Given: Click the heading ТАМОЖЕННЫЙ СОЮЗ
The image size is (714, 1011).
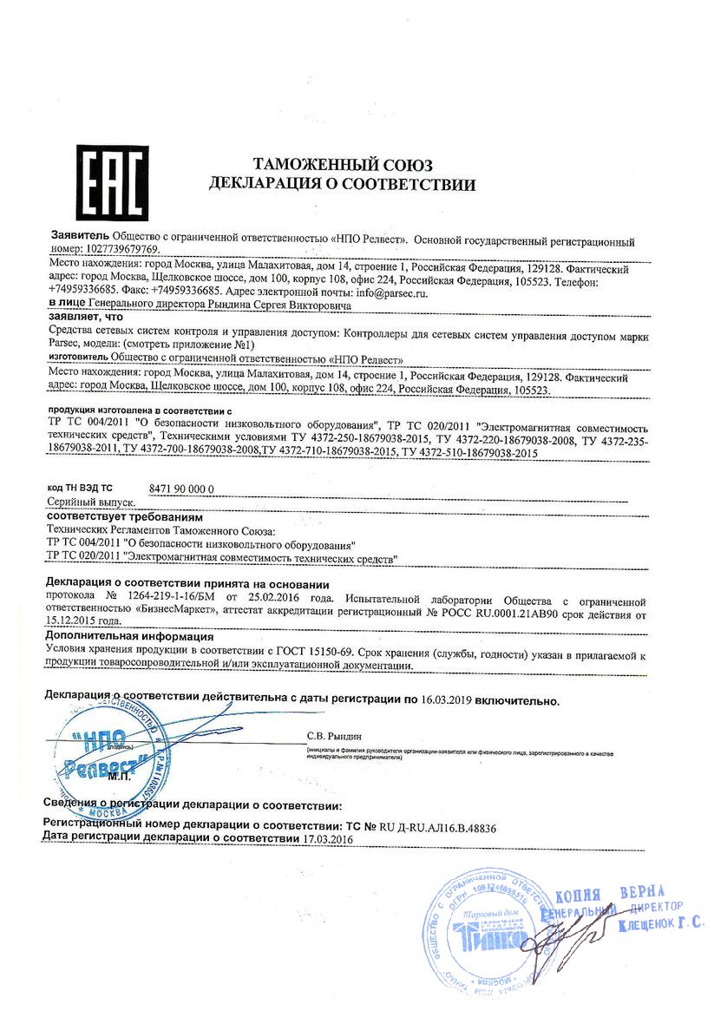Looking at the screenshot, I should point(342,165).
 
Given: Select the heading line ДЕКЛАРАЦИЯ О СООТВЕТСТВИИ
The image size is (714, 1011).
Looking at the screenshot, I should point(342,184).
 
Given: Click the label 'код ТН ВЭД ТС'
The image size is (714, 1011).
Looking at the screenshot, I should point(79,489).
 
